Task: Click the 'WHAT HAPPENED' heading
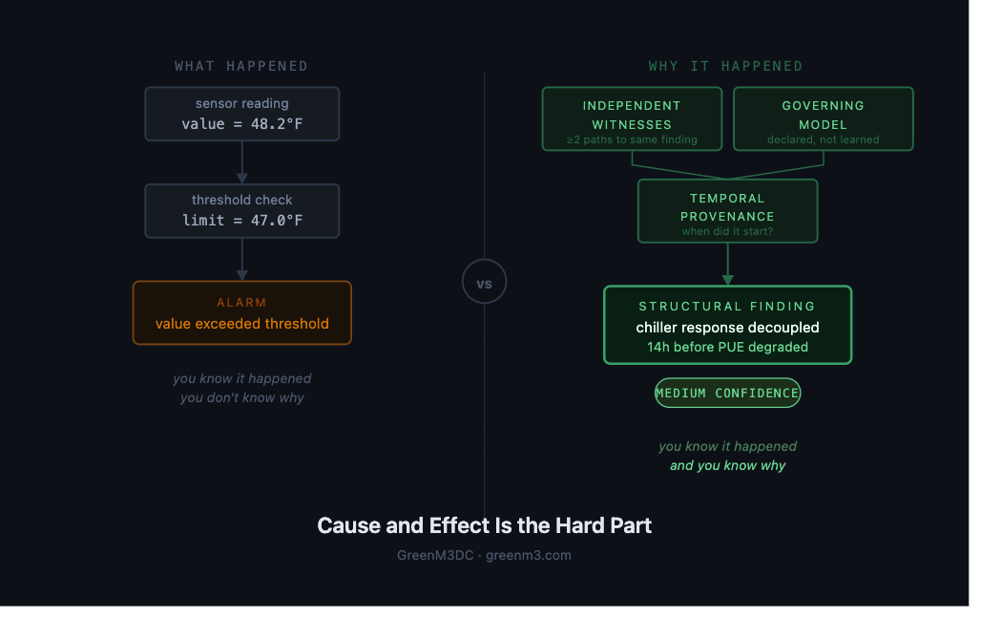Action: (241, 66)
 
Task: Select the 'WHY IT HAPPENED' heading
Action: (725, 66)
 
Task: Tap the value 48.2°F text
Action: (242, 124)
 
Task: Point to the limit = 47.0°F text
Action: (242, 221)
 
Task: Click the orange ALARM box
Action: (241, 312)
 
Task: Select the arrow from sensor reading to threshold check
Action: (242, 162)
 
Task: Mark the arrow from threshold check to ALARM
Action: (242, 259)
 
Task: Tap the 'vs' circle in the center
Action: (484, 283)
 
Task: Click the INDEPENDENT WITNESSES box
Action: (632, 118)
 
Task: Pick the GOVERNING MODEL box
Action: (823, 118)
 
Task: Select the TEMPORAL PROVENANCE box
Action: (727, 210)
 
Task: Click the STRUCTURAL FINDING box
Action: (727, 325)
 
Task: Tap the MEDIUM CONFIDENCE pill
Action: (727, 393)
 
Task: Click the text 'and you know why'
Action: (727, 465)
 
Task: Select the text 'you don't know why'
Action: (241, 397)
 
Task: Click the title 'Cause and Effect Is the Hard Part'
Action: (484, 525)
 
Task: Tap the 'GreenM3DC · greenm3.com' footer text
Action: (484, 555)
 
